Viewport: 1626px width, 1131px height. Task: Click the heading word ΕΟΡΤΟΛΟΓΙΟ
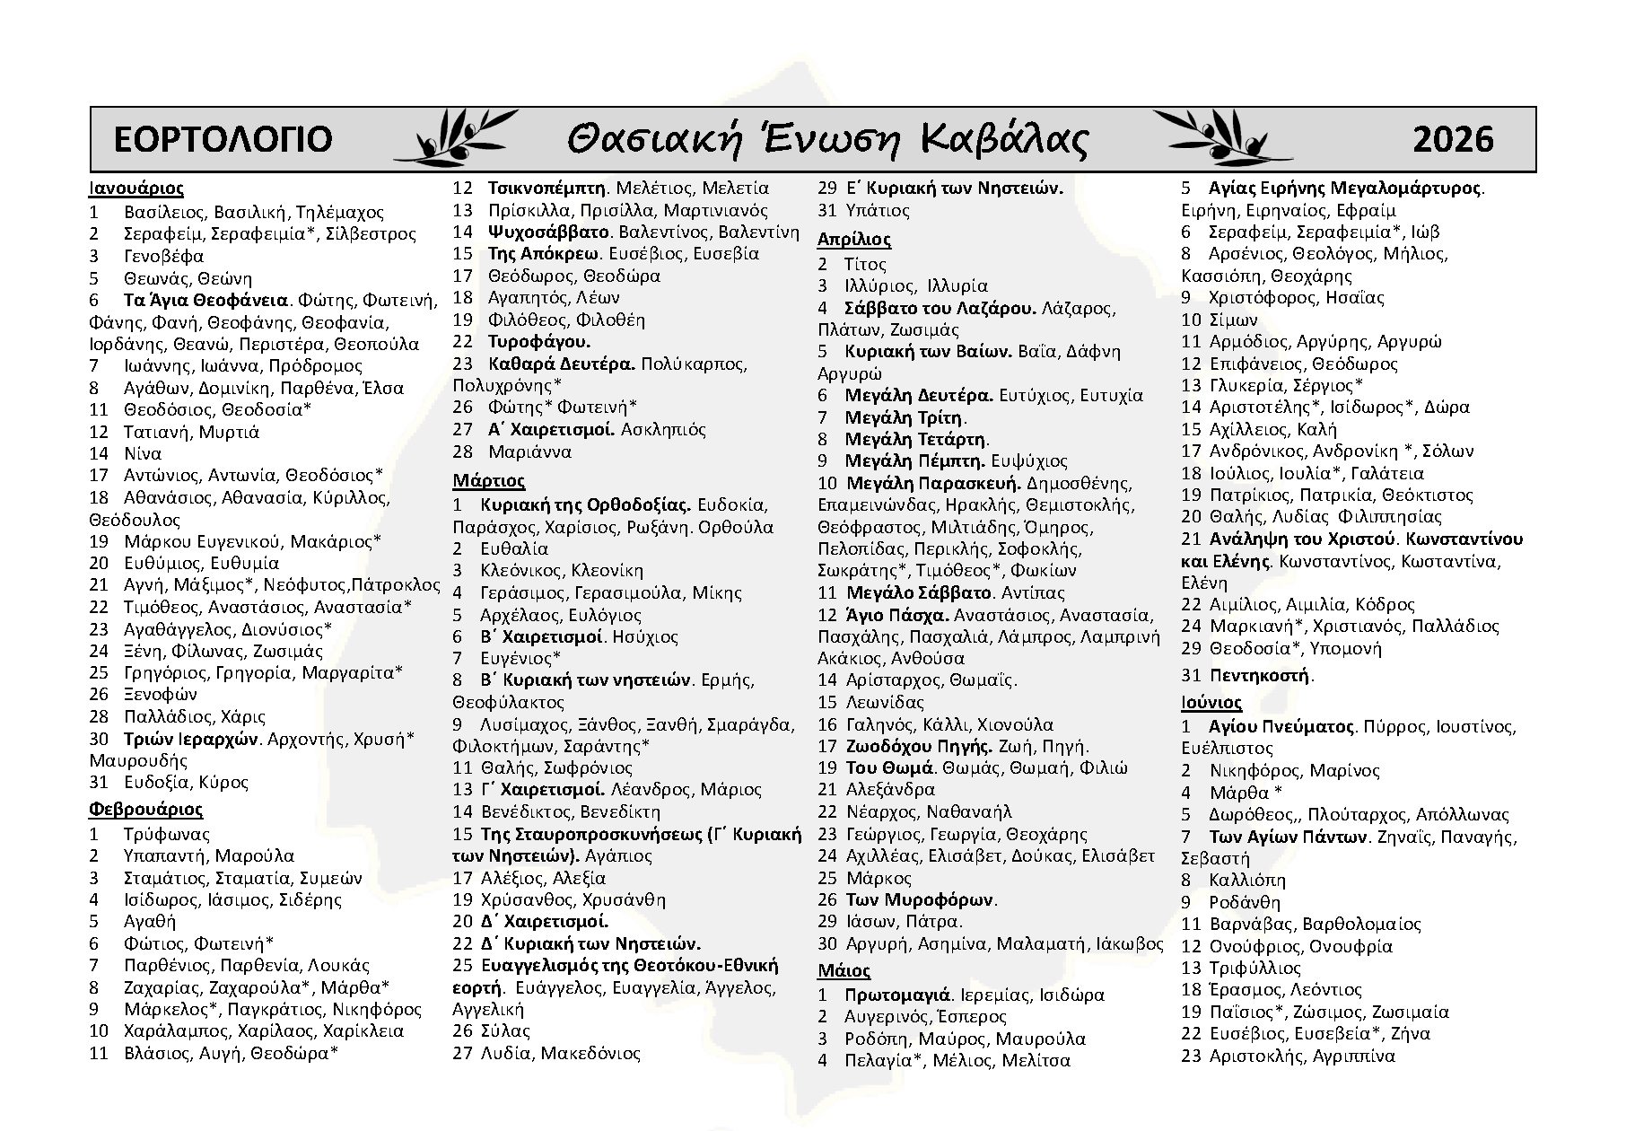(x=223, y=139)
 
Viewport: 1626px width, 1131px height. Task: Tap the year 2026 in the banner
(x=1453, y=139)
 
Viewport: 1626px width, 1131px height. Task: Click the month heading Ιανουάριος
(x=135, y=188)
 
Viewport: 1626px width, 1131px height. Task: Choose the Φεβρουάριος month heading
(x=145, y=810)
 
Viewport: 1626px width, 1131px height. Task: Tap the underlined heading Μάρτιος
(x=488, y=481)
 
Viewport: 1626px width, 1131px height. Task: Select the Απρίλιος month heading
(x=853, y=240)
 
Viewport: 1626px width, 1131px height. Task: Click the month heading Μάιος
(x=844, y=970)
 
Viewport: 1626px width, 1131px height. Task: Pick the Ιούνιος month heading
(x=1211, y=702)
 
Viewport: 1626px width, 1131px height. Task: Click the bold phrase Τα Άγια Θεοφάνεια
(x=205, y=300)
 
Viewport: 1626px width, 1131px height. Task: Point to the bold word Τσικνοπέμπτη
(x=548, y=188)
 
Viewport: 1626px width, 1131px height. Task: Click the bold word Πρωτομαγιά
(x=897, y=995)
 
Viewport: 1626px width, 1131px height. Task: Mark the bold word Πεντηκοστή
(x=1260, y=675)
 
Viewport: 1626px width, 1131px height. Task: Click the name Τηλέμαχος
(x=339, y=213)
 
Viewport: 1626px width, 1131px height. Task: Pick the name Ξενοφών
(x=161, y=694)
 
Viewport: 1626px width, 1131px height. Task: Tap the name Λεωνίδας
(x=884, y=702)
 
